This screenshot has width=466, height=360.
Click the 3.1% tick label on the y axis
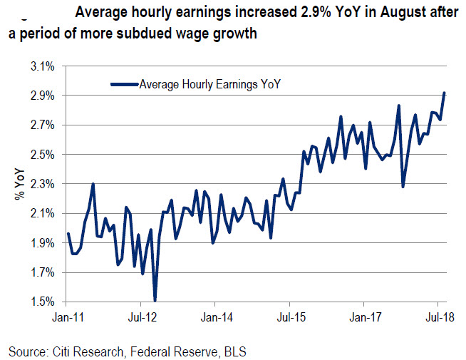coord(42,66)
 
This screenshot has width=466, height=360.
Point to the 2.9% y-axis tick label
coord(42,96)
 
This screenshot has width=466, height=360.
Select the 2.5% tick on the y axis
coord(42,154)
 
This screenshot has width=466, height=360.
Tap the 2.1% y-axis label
coord(42,213)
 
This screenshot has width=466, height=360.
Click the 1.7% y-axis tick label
coord(42,272)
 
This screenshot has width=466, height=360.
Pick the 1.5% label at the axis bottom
coord(42,302)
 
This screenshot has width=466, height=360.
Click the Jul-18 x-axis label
coord(437,314)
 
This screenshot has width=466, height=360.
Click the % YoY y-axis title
coord(21,184)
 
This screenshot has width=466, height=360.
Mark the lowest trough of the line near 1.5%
coord(155,300)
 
